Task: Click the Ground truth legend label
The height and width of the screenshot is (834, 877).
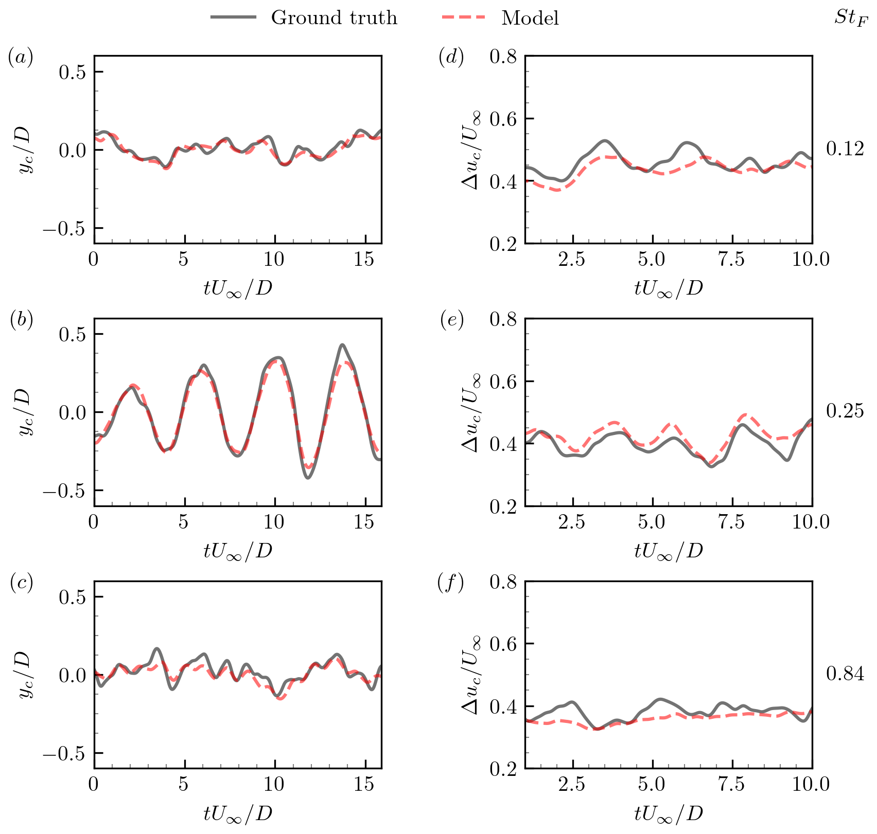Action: [x=334, y=18]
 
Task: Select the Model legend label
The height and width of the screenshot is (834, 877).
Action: [x=530, y=18]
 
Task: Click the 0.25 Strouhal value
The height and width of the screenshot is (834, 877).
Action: [x=845, y=411]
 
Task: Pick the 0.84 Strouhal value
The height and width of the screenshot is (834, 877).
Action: [x=845, y=674]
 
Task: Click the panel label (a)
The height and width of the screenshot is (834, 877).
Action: [x=21, y=58]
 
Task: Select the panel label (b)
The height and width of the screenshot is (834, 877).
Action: [x=21, y=320]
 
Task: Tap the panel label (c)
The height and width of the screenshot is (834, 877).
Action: [x=21, y=583]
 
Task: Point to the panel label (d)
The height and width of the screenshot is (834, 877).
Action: [x=451, y=58]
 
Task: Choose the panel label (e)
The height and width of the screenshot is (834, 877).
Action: [x=451, y=320]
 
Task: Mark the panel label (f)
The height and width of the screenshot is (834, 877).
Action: [x=450, y=583]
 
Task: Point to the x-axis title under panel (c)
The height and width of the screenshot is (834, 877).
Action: [x=237, y=813]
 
